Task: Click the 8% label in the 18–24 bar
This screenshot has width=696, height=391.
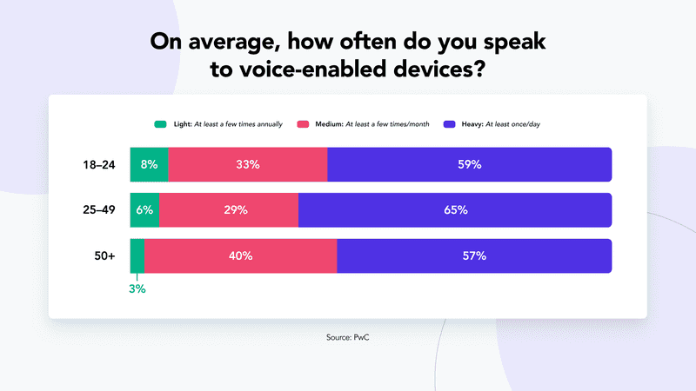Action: [x=149, y=164]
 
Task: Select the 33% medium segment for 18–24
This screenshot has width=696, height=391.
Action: [x=247, y=164]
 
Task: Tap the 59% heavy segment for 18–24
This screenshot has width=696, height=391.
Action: [x=469, y=164]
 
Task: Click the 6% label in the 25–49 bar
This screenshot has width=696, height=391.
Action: [x=144, y=210]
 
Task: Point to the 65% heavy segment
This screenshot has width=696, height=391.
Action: [x=455, y=210]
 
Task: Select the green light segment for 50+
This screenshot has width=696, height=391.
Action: [x=137, y=255]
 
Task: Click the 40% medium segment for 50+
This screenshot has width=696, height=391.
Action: [x=240, y=255]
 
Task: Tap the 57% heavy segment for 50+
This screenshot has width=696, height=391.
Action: [x=474, y=255]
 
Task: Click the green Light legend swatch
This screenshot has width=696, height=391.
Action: [x=160, y=124]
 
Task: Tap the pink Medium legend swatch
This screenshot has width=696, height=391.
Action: [x=304, y=124]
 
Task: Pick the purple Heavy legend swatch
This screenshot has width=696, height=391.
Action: [x=449, y=124]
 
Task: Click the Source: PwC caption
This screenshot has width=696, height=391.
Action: [x=348, y=336]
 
